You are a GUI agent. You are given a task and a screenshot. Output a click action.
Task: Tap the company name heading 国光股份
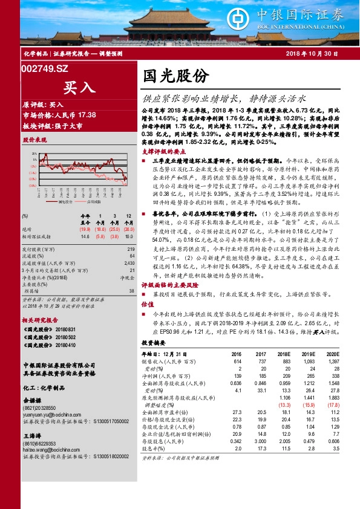click(x=176, y=76)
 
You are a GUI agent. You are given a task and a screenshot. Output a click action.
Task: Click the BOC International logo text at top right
click(x=316, y=18)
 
